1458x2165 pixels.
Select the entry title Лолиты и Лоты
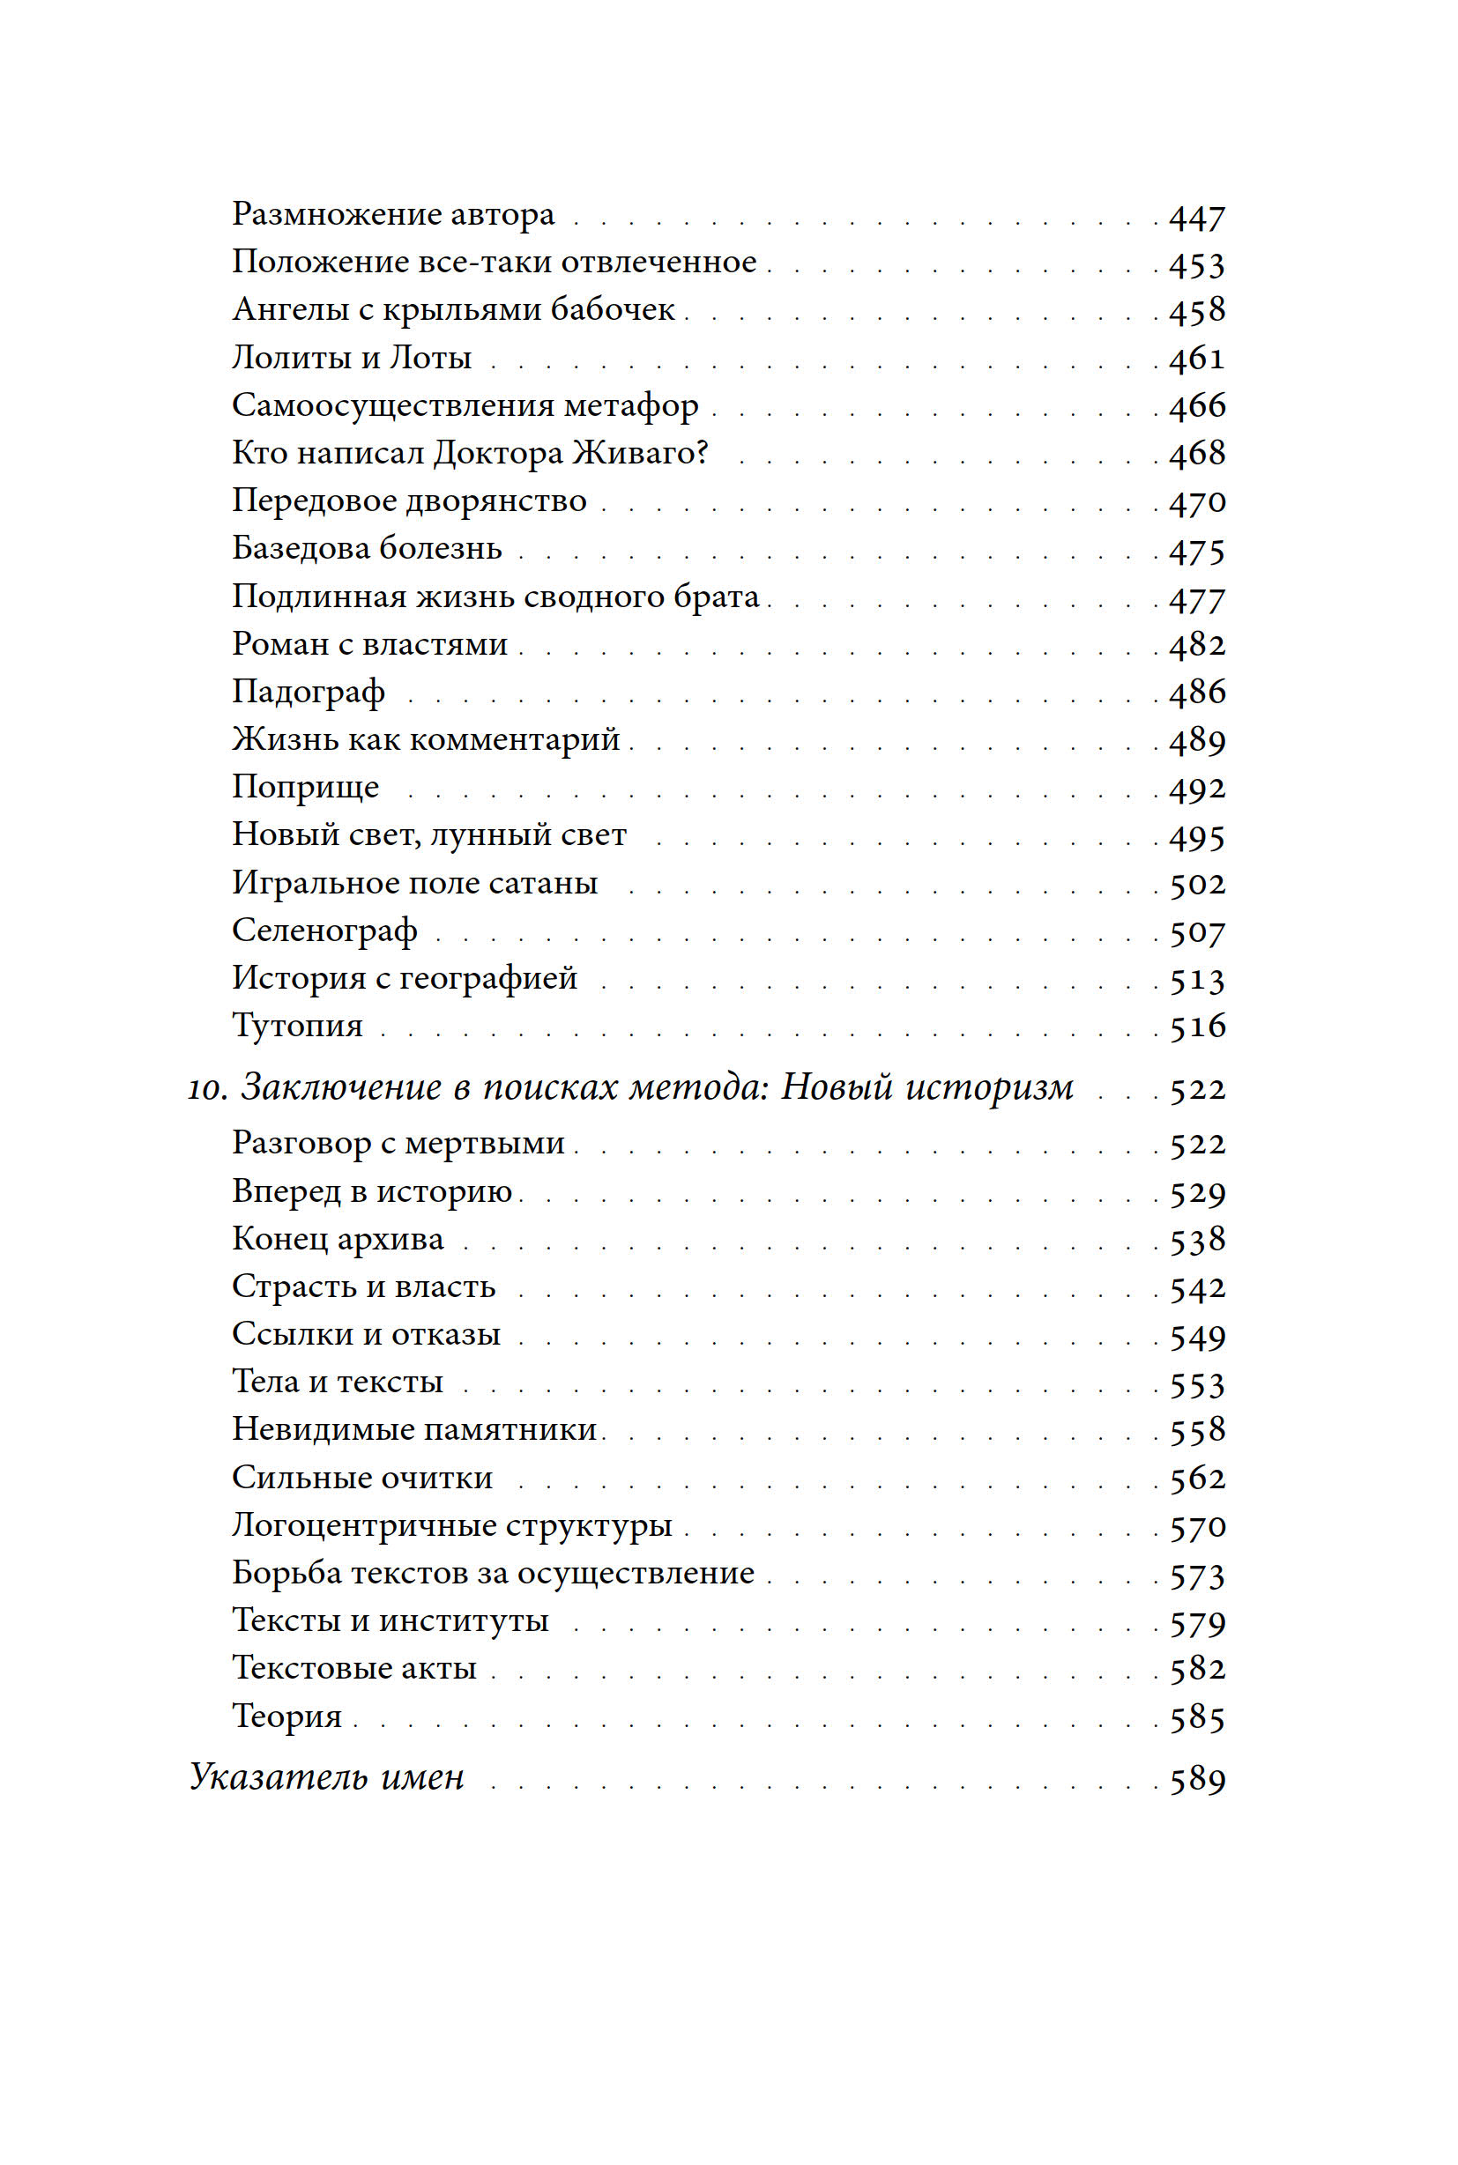click(352, 357)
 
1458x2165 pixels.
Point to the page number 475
click(1197, 552)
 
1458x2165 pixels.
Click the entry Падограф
click(308, 692)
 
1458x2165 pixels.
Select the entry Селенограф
click(324, 931)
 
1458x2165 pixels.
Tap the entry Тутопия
click(296, 1026)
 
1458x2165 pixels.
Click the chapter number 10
click(206, 1088)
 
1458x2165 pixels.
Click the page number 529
click(1197, 1194)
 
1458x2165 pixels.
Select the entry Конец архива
click(338, 1239)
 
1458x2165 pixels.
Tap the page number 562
click(1197, 1478)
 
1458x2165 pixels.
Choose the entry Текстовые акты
click(353, 1668)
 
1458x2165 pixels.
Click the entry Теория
click(286, 1716)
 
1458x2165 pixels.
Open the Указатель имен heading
click(326, 1777)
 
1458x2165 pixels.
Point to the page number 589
click(1197, 1779)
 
